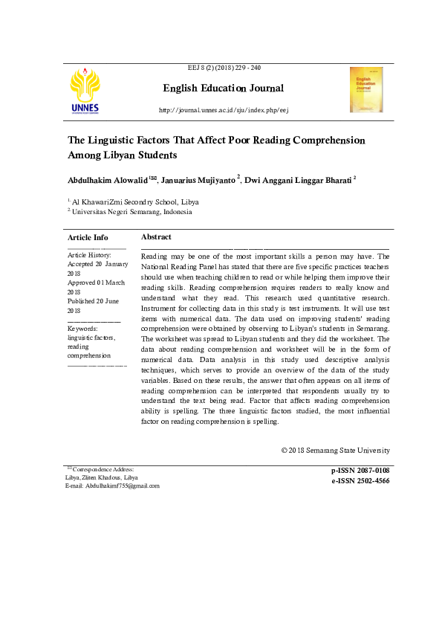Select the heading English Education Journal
tap(223, 88)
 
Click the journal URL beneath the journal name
tap(224, 111)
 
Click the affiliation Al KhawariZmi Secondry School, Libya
tap(135, 201)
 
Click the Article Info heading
tap(88, 237)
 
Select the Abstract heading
tap(156, 236)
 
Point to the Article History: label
tap(89, 255)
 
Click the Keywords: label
tap(82, 328)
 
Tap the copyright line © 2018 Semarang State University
tap(335, 451)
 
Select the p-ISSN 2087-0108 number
tap(360, 471)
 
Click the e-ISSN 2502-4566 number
tap(360, 481)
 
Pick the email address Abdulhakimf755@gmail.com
tap(123, 485)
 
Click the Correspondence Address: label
tap(103, 469)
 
